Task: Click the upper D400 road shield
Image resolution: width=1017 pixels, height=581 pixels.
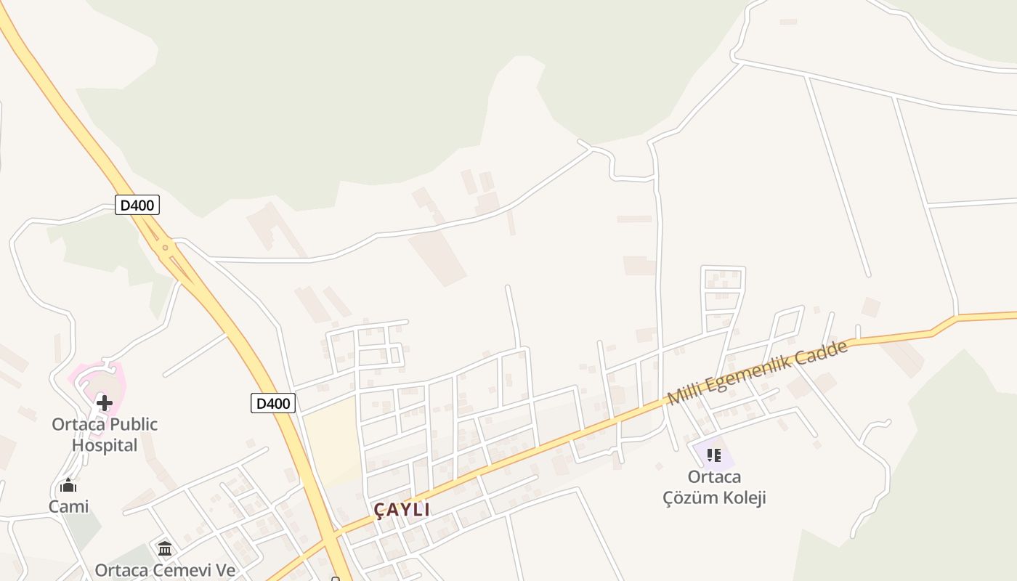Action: (137, 206)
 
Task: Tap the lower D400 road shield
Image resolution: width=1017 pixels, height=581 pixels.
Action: (273, 403)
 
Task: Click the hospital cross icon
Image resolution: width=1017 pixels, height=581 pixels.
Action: (105, 402)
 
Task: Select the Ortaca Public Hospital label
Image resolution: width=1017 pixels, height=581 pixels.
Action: (105, 434)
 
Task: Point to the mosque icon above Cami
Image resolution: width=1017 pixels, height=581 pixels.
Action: (68, 486)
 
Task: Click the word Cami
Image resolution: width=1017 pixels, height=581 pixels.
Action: (68, 506)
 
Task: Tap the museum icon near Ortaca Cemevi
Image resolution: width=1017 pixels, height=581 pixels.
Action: (165, 548)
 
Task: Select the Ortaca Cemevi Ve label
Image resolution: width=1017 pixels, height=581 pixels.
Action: (165, 570)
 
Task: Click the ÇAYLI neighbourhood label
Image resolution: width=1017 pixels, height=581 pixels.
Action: (402, 510)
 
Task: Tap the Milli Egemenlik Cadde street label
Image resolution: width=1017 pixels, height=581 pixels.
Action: (757, 373)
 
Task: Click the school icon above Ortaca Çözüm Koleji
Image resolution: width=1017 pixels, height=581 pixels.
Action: (713, 455)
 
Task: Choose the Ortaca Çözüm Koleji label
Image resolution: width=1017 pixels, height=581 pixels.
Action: (714, 487)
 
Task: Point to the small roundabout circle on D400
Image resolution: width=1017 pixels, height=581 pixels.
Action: (165, 248)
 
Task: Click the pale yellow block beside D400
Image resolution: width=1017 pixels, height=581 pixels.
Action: (331, 443)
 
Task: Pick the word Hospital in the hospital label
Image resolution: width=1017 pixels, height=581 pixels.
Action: (105, 445)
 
